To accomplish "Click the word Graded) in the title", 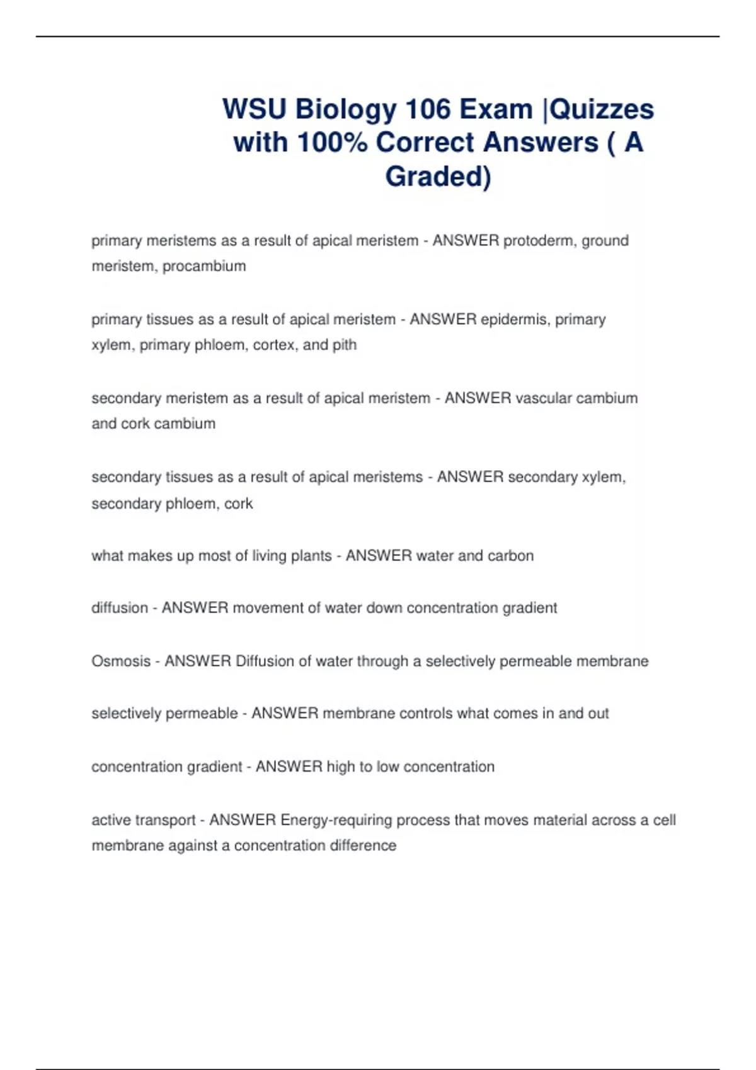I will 438,176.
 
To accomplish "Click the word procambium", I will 204,266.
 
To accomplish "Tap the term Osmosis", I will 121,662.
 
